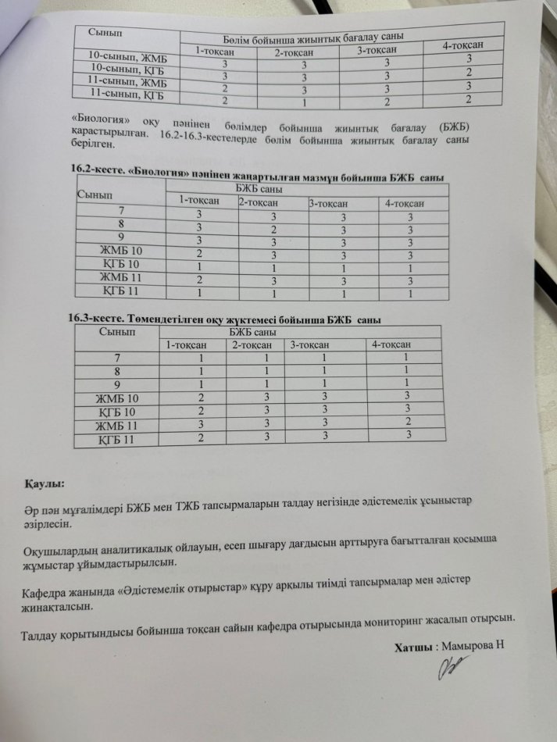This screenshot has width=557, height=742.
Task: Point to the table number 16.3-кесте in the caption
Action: pyautogui.click(x=95, y=317)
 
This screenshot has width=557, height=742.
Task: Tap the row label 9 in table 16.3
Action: pyautogui.click(x=117, y=384)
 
